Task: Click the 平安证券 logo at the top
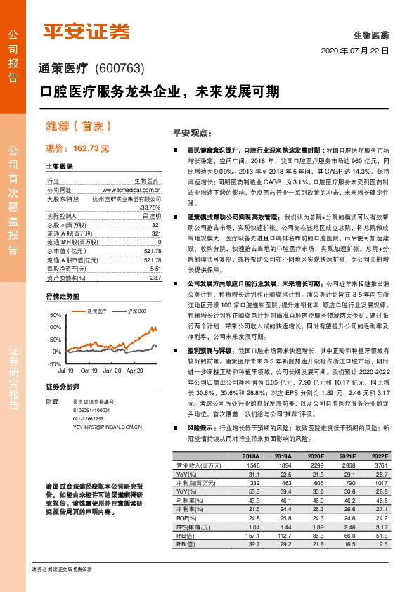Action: [87, 31]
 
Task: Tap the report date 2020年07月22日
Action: [355, 52]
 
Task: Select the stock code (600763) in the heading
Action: [119, 68]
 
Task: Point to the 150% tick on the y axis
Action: [53, 315]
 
